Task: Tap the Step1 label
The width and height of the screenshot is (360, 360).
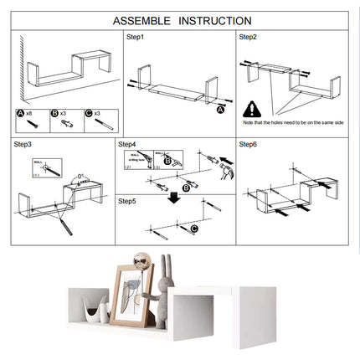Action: (135, 38)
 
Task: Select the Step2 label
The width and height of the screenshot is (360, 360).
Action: (248, 38)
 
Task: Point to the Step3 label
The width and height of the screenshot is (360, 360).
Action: (23, 144)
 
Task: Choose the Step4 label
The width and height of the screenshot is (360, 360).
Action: (127, 144)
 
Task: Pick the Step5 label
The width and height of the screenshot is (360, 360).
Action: (127, 201)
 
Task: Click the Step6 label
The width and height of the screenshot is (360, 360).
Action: (248, 144)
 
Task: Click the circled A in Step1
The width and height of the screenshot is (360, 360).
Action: (220, 109)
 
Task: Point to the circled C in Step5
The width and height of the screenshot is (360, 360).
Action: (194, 228)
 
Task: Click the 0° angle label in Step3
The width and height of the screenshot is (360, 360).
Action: (80, 177)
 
